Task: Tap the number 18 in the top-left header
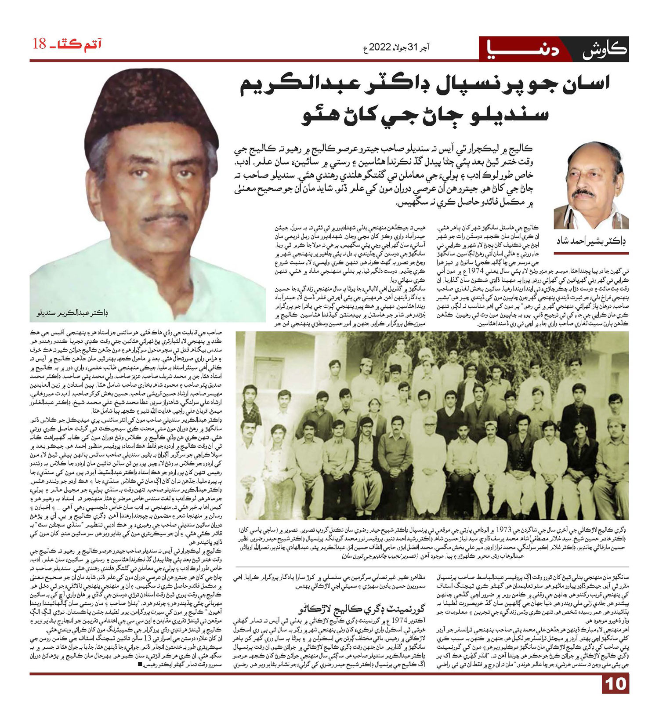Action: pos(40,44)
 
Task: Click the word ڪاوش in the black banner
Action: pos(604,49)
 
